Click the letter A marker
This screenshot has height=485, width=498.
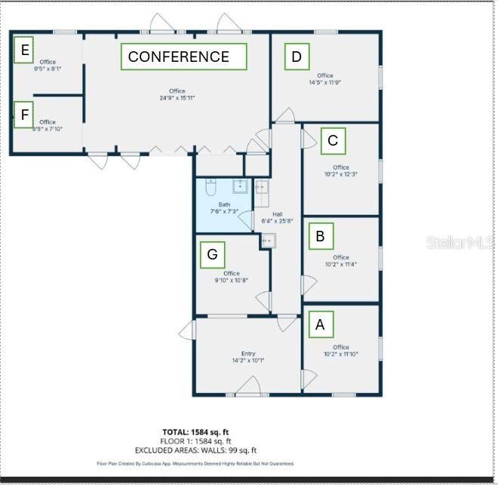[320, 324]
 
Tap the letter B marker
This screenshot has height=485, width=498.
[320, 236]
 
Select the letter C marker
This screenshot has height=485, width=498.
[333, 140]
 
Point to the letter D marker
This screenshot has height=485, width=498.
[297, 57]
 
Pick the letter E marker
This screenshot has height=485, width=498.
[25, 51]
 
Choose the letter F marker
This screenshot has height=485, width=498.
[25, 115]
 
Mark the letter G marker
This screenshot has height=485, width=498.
[212, 255]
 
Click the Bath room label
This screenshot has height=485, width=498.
[224, 204]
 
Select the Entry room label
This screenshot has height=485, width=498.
[248, 353]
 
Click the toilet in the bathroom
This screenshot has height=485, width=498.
[211, 186]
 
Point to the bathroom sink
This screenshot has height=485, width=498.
[240, 186]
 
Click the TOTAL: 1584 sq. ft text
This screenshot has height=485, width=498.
[196, 432]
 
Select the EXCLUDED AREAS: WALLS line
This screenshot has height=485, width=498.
[196, 450]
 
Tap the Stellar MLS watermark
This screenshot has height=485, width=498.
[459, 242]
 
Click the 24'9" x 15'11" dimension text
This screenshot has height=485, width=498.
[177, 98]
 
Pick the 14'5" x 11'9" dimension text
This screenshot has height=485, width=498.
[325, 82]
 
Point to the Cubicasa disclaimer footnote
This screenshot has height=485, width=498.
[195, 464]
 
